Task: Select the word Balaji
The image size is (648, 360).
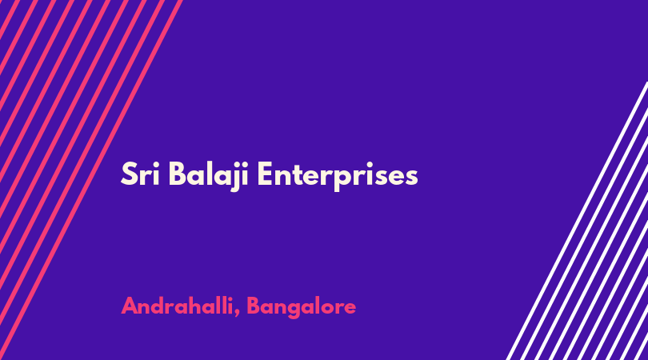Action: pyautogui.click(x=209, y=177)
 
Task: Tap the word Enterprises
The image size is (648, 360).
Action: pyautogui.click(x=338, y=177)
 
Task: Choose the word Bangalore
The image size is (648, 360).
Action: pyautogui.click(x=302, y=307)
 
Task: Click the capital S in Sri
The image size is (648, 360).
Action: pyautogui.click(x=129, y=174)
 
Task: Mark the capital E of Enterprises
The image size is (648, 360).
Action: pyautogui.click(x=266, y=174)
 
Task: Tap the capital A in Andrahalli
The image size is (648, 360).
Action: pyautogui.click(x=130, y=306)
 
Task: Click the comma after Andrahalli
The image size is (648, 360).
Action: pyautogui.click(x=237, y=314)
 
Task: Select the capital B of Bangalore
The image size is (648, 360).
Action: pyautogui.click(x=254, y=306)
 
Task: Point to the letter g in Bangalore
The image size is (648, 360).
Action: pyautogui.click(x=303, y=310)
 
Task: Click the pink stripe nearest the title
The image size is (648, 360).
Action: pyautogui.click(x=91, y=180)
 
